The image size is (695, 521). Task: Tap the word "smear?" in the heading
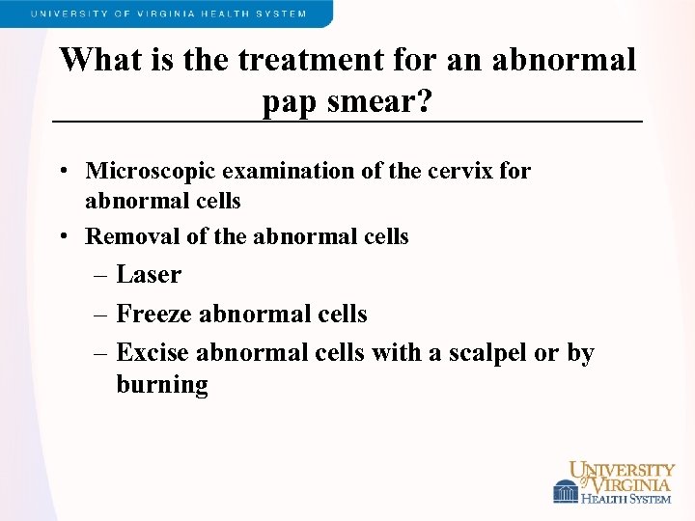click(x=378, y=100)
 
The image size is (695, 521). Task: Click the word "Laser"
click(x=149, y=275)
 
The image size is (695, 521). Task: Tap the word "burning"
click(x=162, y=385)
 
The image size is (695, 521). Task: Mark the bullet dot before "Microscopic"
click(x=61, y=172)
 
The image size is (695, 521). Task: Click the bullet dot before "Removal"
click(x=61, y=236)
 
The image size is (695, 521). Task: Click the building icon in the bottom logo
click(x=565, y=492)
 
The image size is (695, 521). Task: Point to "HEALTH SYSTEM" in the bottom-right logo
click(x=626, y=498)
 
